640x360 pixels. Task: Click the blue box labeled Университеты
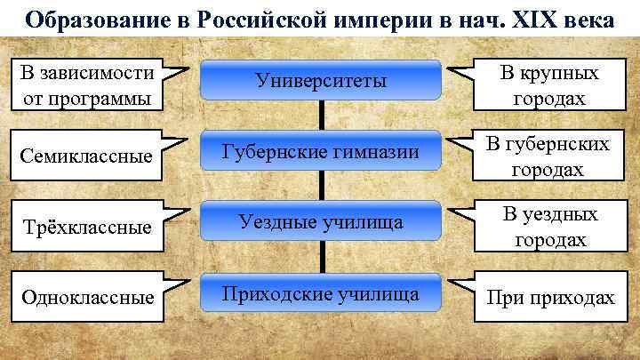[320, 80]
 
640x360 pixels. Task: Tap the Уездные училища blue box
[320, 221]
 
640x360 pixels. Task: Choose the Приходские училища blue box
[320, 292]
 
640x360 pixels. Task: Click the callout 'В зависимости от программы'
[84, 85]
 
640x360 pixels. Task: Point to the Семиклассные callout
[84, 156]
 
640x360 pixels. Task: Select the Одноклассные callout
[84, 297]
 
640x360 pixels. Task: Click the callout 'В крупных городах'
[549, 85]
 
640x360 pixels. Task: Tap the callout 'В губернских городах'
[549, 156]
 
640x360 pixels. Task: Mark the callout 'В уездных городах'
[549, 227]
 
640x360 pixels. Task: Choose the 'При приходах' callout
[549, 297]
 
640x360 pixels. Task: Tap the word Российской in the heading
[254, 19]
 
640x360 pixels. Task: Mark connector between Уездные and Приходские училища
[321, 256]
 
